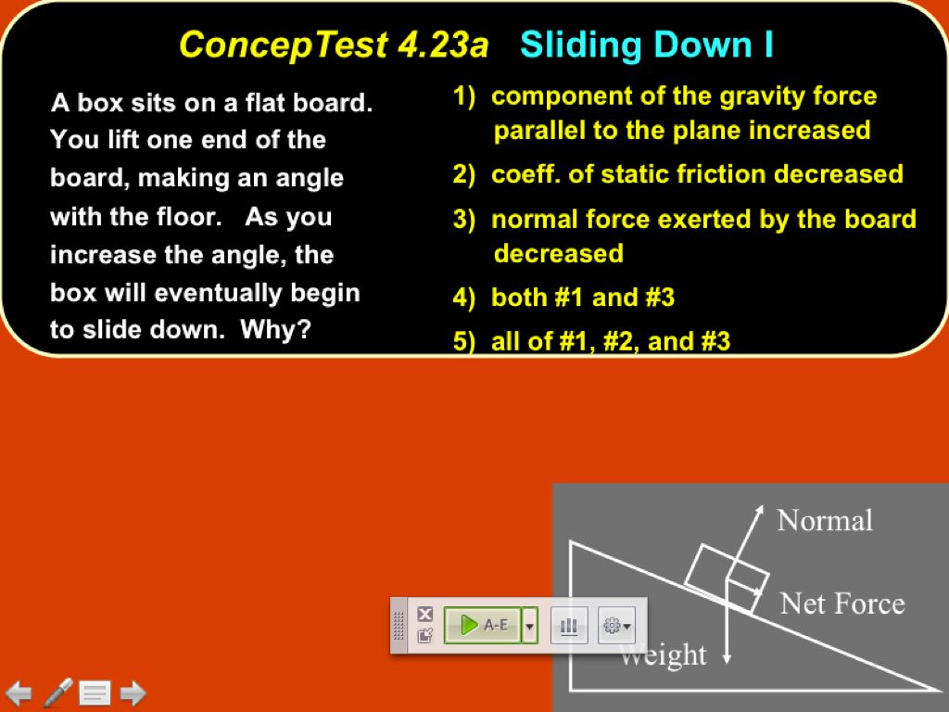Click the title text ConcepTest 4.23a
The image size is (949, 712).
[334, 44]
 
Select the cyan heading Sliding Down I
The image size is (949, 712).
[646, 44]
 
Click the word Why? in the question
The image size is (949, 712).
[275, 329]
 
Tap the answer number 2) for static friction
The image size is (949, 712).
[463, 174]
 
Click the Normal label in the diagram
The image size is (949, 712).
[825, 521]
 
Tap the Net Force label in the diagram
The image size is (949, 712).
[842, 604]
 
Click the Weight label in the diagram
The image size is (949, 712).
[664, 655]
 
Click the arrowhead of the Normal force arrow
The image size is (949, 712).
[759, 511]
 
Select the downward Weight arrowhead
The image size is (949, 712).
[727, 658]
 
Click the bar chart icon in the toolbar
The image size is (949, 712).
[569, 626]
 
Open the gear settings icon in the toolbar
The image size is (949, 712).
[616, 626]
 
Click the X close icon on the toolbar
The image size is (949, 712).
[425, 614]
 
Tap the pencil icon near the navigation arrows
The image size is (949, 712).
[58, 692]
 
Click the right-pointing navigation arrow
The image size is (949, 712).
[133, 693]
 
